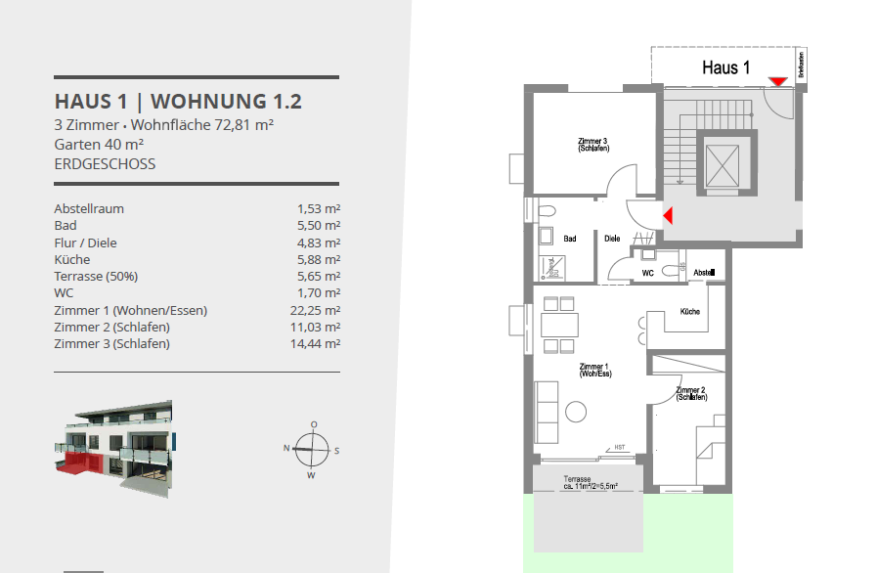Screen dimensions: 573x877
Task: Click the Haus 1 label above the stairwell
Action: coord(725,67)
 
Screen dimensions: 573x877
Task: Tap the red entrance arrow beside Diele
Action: coord(668,214)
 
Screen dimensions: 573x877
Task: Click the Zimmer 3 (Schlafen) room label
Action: coord(592,145)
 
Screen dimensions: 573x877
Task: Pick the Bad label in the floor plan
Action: coord(570,238)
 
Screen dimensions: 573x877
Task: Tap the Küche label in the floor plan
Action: coord(689,312)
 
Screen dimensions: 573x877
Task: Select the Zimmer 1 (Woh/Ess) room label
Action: coord(594,370)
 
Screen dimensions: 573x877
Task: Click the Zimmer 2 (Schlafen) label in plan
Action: coord(691,393)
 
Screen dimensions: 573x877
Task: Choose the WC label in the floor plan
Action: coord(647,273)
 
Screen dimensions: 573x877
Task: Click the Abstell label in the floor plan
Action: coord(704,272)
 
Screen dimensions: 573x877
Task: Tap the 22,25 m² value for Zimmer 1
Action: coord(318,310)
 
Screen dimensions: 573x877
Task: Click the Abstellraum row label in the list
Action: coord(89,208)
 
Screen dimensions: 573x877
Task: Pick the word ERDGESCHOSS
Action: coord(105,163)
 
